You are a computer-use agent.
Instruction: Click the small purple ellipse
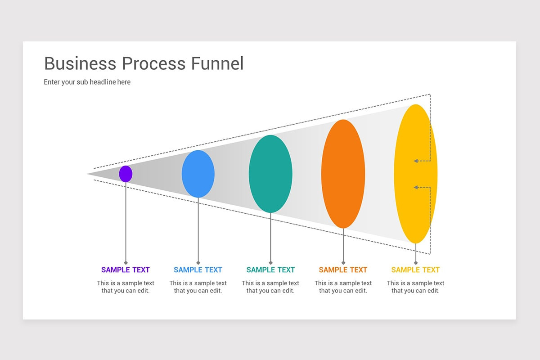pos(126,174)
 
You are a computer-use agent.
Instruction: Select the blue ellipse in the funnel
pos(198,174)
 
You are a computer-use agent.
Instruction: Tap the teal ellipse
pos(270,174)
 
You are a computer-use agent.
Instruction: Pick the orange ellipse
pos(343,174)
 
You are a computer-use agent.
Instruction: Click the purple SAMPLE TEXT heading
pos(126,270)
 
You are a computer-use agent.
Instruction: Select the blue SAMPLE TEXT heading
pos(198,270)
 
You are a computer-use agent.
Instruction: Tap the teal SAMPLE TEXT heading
pos(270,270)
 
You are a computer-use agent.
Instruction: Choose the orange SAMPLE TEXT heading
pos(343,270)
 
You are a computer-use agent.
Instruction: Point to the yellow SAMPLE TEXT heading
pos(415,270)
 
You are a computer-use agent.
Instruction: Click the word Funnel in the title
pos(217,63)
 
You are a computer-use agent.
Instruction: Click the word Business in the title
pos(80,63)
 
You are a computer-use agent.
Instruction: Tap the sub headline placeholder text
pos(87,82)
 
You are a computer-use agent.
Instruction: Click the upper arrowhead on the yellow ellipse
pos(416,161)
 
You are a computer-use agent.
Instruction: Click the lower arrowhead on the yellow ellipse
pos(416,187)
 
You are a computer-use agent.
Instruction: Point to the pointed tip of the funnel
pos(88,174)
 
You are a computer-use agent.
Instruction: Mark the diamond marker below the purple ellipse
pos(126,262)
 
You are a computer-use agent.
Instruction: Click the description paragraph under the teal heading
pos(270,287)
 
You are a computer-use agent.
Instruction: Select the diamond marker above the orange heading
pos(343,262)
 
